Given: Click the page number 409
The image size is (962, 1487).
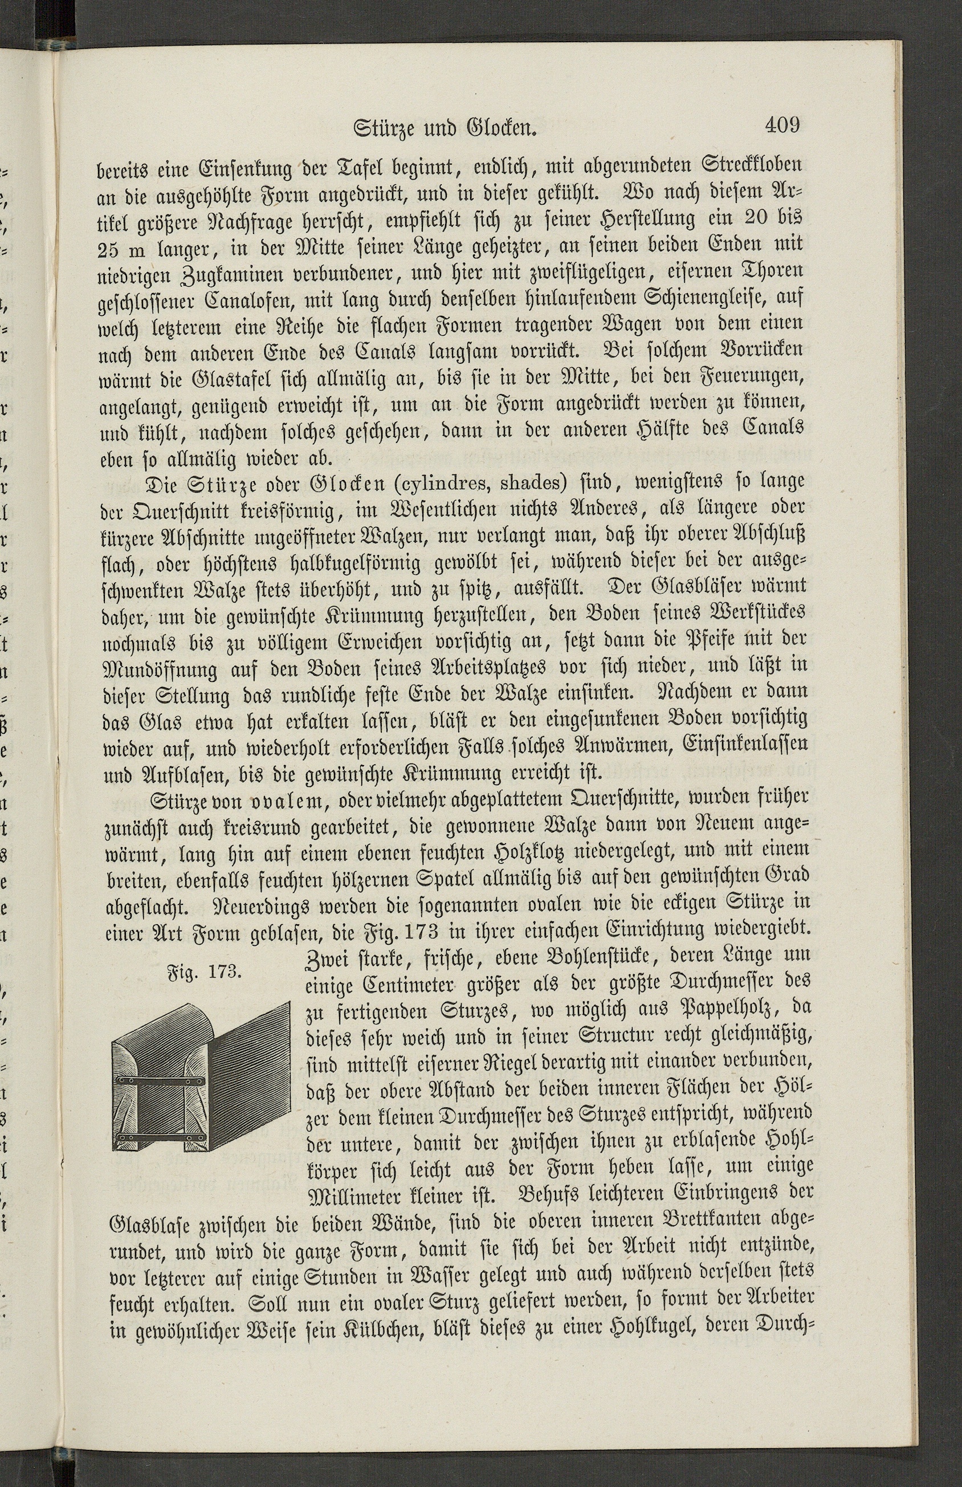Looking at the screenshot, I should [x=781, y=125].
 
